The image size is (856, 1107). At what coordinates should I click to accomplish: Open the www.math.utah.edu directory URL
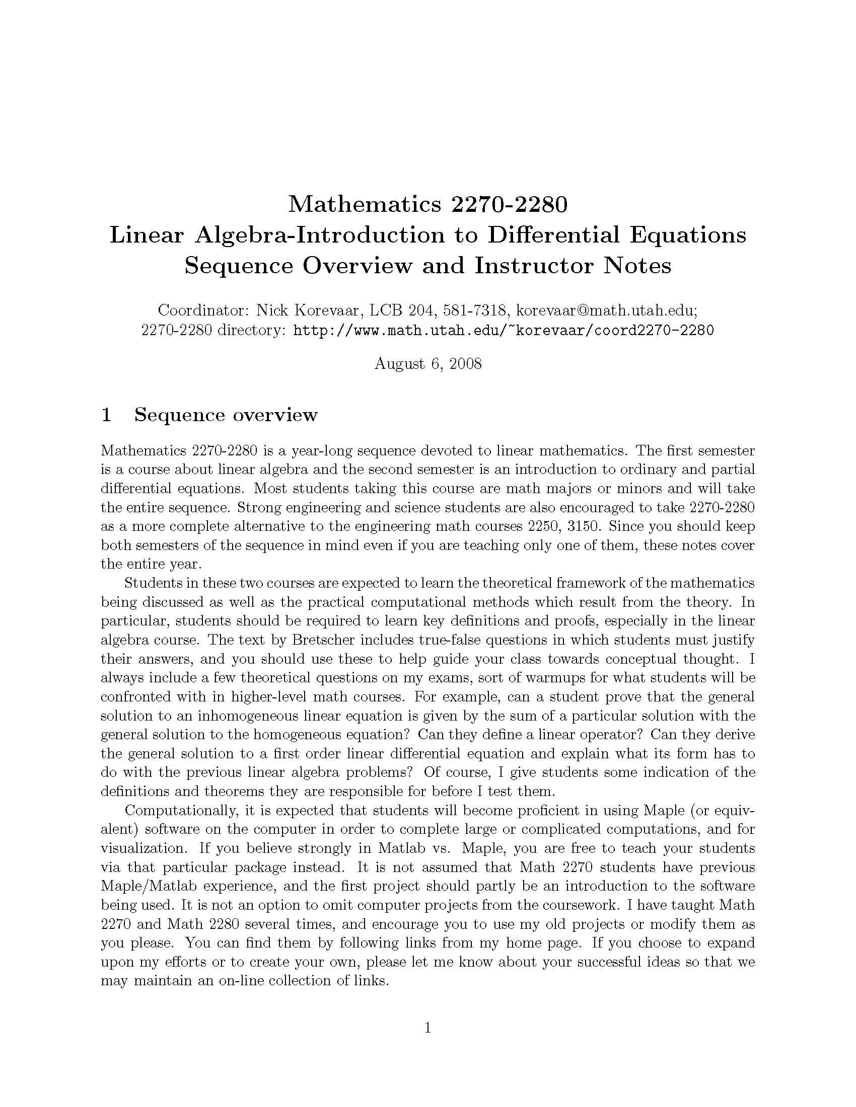(x=504, y=331)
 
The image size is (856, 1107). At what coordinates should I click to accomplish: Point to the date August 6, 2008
(x=427, y=363)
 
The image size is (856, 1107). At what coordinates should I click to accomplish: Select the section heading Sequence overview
(x=226, y=415)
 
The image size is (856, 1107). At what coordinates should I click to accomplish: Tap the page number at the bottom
(x=427, y=1027)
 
